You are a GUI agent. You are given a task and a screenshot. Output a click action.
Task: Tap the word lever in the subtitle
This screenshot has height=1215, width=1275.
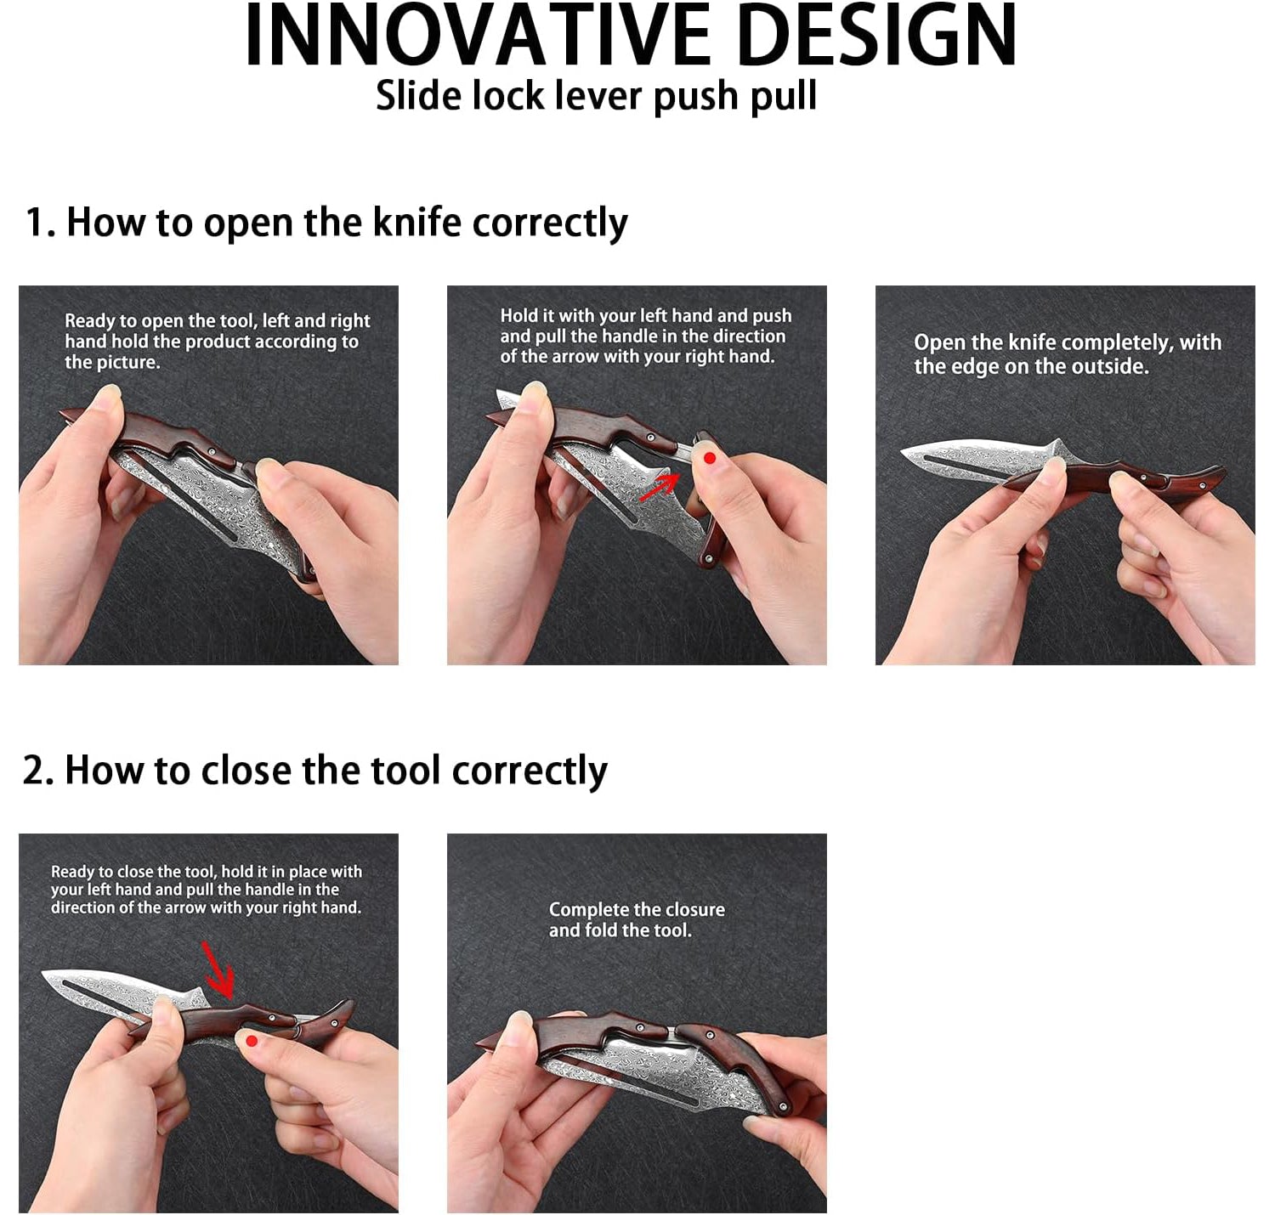601,96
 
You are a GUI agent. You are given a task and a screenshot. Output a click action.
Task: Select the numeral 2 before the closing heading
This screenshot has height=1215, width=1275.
35,771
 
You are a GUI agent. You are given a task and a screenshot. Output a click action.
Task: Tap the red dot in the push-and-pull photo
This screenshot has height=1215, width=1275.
710,458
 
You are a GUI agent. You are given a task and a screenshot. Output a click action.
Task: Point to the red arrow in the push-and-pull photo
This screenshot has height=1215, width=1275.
660,487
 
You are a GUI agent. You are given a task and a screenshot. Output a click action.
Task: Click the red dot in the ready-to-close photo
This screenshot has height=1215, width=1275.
252,1041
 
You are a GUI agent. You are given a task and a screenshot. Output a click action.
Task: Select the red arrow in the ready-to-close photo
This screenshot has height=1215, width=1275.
218,970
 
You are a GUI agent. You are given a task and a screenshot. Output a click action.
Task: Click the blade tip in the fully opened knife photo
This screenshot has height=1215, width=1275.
902,453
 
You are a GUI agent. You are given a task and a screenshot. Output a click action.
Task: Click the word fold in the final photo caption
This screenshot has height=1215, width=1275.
600,930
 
